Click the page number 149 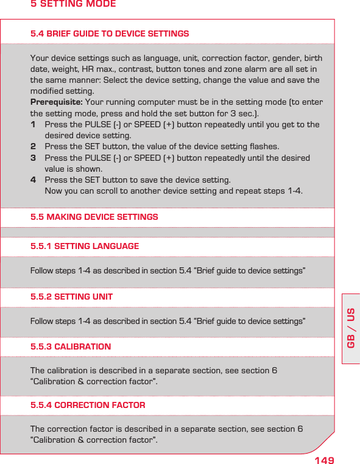pyautogui.click(x=324, y=459)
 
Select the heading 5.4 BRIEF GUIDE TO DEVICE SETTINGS pyautogui.click(x=110, y=33)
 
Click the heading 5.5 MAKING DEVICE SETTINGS pyautogui.click(x=94, y=217)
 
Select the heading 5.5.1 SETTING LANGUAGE pyautogui.click(x=85, y=246)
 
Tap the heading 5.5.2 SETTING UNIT pyautogui.click(x=71, y=297)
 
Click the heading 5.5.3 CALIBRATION pyautogui.click(x=71, y=346)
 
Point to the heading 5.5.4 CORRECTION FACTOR pyautogui.click(x=88, y=405)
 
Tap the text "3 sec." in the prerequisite pyautogui.click(x=244, y=113)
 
